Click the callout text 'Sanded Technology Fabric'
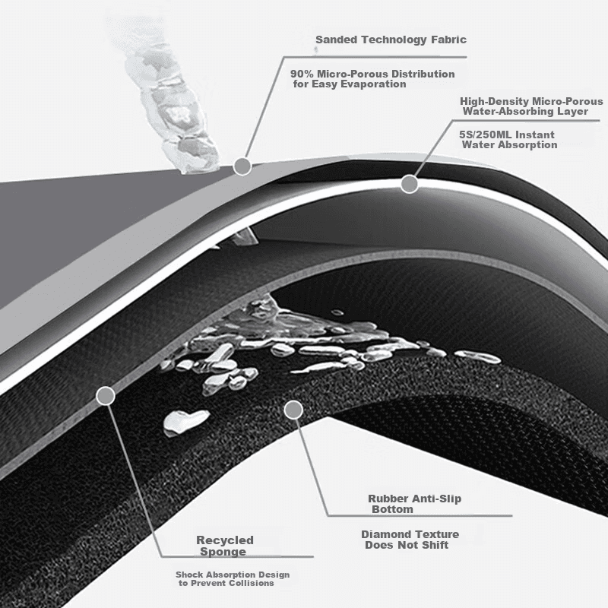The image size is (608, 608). (391, 40)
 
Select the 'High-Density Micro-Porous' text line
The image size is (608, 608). (531, 101)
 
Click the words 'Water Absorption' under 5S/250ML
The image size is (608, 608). (509, 145)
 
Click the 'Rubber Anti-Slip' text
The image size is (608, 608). (414, 499)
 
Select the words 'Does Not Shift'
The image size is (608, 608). (407, 545)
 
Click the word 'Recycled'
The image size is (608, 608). (225, 540)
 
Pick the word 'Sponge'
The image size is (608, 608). (223, 552)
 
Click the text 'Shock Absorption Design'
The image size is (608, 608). (233, 575)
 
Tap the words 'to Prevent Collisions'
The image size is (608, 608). (226, 583)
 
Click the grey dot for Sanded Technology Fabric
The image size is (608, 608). (242, 166)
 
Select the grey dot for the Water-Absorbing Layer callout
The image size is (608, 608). (410, 184)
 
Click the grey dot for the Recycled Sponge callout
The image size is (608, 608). (106, 396)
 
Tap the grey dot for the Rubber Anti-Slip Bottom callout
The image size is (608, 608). (293, 410)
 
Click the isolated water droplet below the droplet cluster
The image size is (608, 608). (185, 421)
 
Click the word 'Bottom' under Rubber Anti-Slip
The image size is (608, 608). (392, 509)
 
